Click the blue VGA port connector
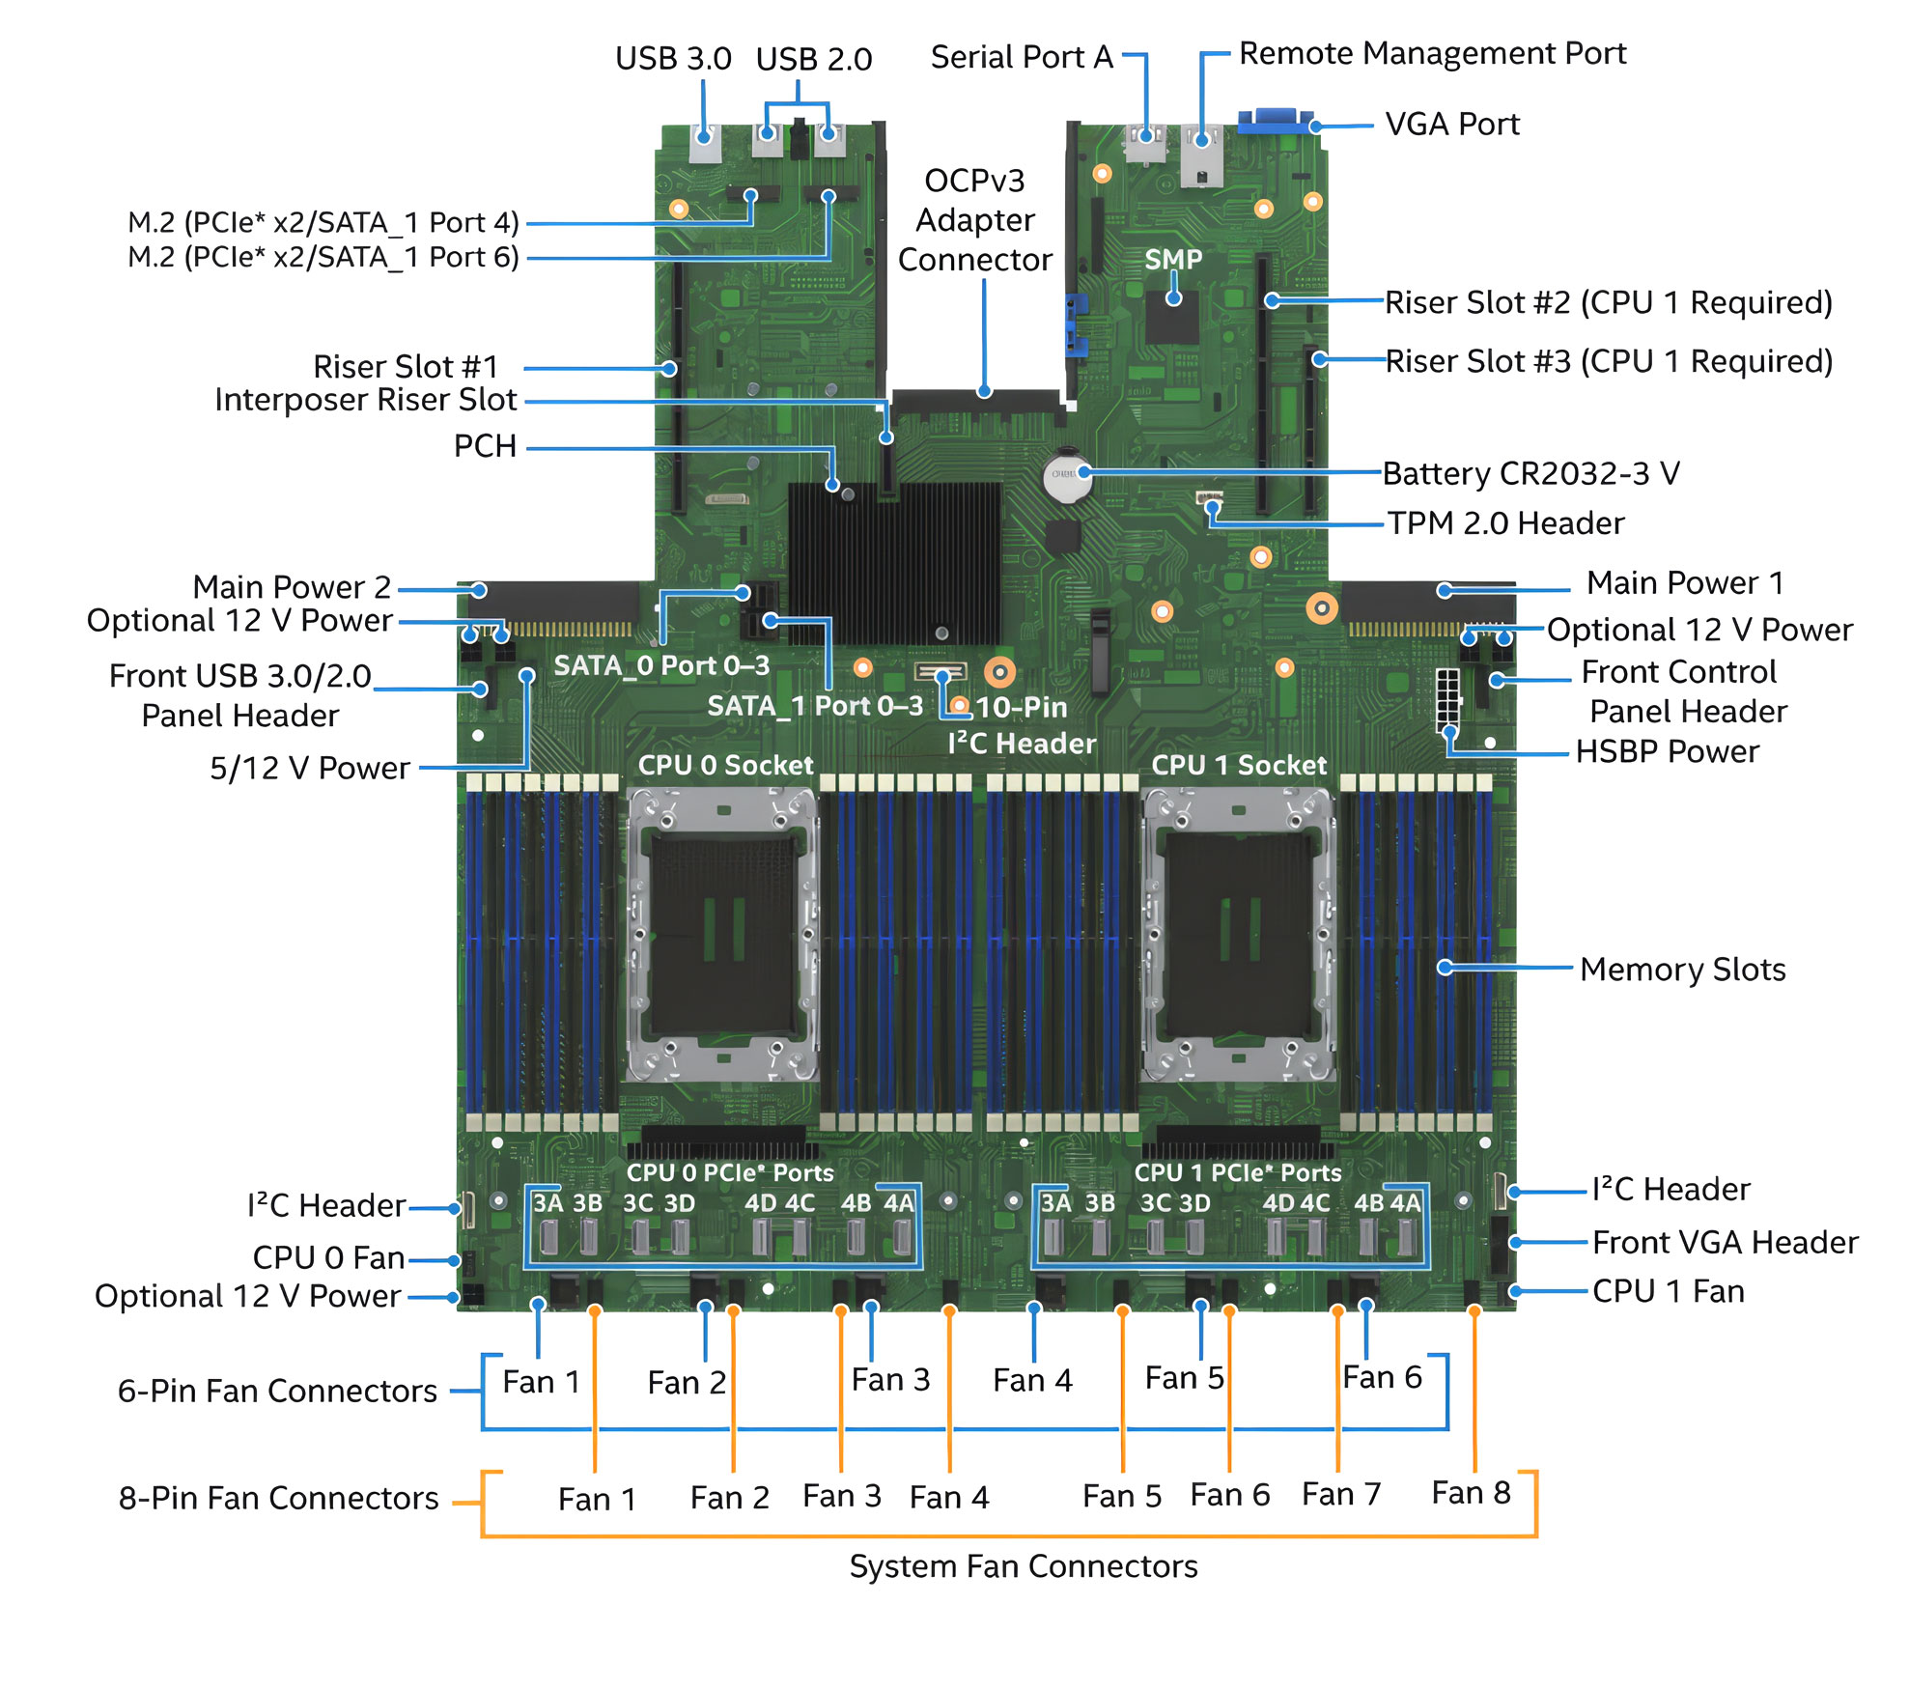(x=1276, y=122)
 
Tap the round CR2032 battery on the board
(x=1067, y=474)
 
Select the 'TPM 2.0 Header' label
(x=1505, y=523)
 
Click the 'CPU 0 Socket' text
(x=725, y=766)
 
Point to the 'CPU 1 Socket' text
(x=1239, y=766)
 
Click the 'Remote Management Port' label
(x=1432, y=53)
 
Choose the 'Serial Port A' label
(x=1022, y=57)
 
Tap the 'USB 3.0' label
(x=673, y=59)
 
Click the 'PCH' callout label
(x=485, y=446)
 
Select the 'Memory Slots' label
(x=1682, y=970)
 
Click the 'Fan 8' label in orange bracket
(x=1471, y=1493)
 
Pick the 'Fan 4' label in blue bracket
(x=1032, y=1380)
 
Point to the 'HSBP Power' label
(x=1667, y=751)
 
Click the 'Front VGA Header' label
(x=1725, y=1242)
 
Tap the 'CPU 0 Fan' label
(x=328, y=1257)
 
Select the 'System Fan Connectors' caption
(x=1024, y=1566)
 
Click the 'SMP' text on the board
(x=1173, y=259)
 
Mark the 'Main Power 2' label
(x=292, y=587)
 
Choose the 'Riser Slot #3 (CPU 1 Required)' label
(x=1609, y=361)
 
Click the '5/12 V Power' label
(x=310, y=768)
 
